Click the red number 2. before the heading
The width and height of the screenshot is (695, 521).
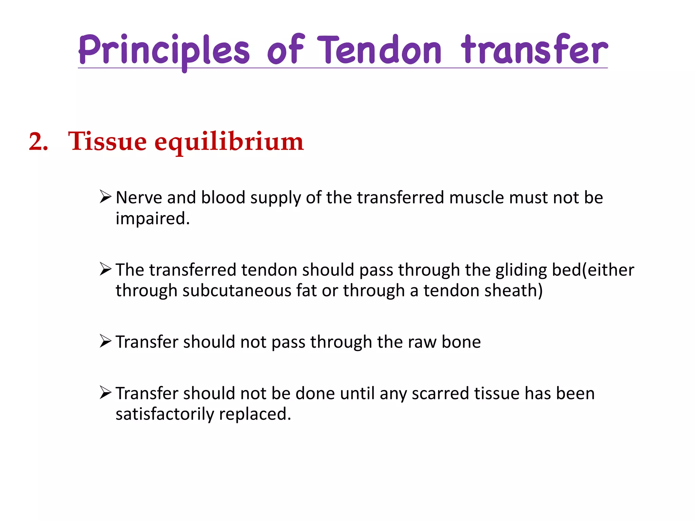38,141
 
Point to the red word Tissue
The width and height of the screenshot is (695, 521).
107,141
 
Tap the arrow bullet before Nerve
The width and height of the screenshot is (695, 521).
106,197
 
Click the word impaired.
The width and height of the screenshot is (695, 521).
152,218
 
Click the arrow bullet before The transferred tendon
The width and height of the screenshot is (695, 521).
106,269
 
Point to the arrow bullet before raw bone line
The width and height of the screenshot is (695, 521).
106,341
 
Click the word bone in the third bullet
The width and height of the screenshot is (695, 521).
461,342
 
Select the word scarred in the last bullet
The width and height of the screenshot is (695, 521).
440,393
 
